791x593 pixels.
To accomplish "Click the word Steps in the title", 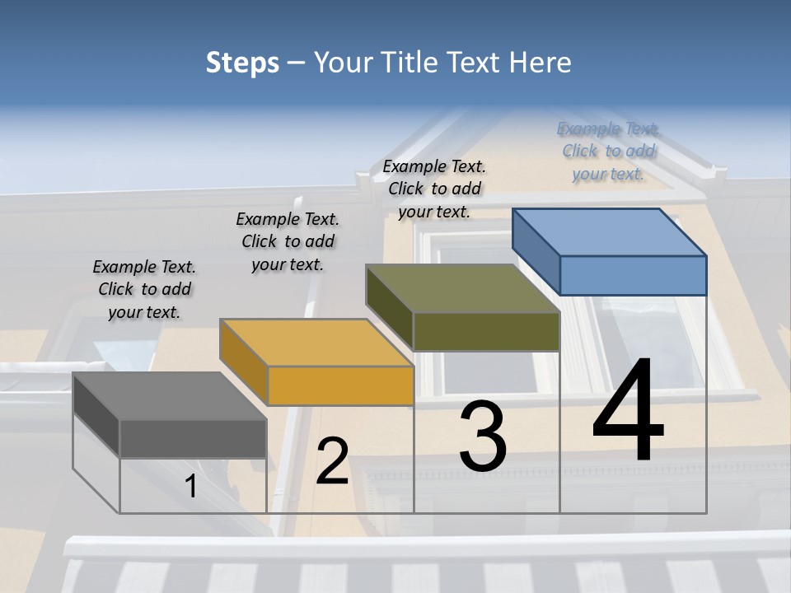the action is (242, 63).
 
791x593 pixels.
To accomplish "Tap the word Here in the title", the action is (541, 63).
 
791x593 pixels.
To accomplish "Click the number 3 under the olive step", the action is (482, 437).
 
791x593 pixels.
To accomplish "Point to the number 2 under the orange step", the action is (332, 461).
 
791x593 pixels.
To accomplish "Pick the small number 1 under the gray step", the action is (191, 487).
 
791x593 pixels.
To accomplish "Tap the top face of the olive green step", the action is (463, 288).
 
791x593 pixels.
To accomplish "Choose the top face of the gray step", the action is (170, 396).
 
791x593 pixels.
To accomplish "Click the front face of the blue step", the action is (633, 275).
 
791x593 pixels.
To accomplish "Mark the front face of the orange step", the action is (339, 385).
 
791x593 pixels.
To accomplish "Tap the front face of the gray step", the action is (193, 438).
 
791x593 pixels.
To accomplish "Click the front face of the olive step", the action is (486, 331).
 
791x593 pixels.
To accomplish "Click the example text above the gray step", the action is (144, 289).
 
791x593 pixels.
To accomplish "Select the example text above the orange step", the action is (288, 241).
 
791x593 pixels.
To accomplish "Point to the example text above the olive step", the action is (434, 189).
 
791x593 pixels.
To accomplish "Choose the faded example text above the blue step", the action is (608, 151).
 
